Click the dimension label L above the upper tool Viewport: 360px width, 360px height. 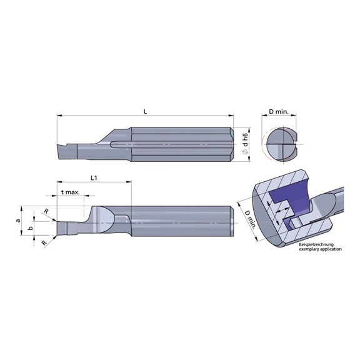(x=144, y=111)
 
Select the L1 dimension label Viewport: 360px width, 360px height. (x=93, y=177)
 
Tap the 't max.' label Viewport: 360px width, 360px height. (x=71, y=192)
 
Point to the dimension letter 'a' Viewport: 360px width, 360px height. (x=18, y=220)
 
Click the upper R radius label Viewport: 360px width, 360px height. (x=46, y=212)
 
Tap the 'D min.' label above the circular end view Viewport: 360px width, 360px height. (x=279, y=111)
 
